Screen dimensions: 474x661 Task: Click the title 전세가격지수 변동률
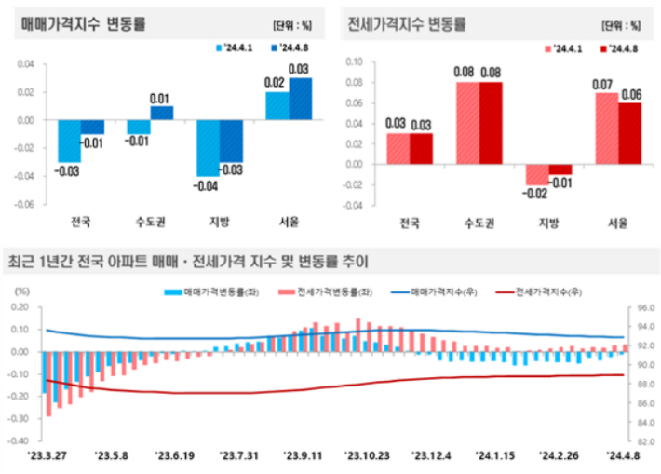tap(406, 23)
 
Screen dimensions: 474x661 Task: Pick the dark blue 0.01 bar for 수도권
tap(161, 113)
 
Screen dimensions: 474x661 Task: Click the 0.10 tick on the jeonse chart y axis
tap(354, 61)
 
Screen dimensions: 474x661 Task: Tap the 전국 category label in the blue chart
tap(80, 222)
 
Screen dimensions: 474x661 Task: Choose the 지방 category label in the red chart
tap(547, 223)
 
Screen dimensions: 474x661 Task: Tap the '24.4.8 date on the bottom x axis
tap(622, 455)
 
